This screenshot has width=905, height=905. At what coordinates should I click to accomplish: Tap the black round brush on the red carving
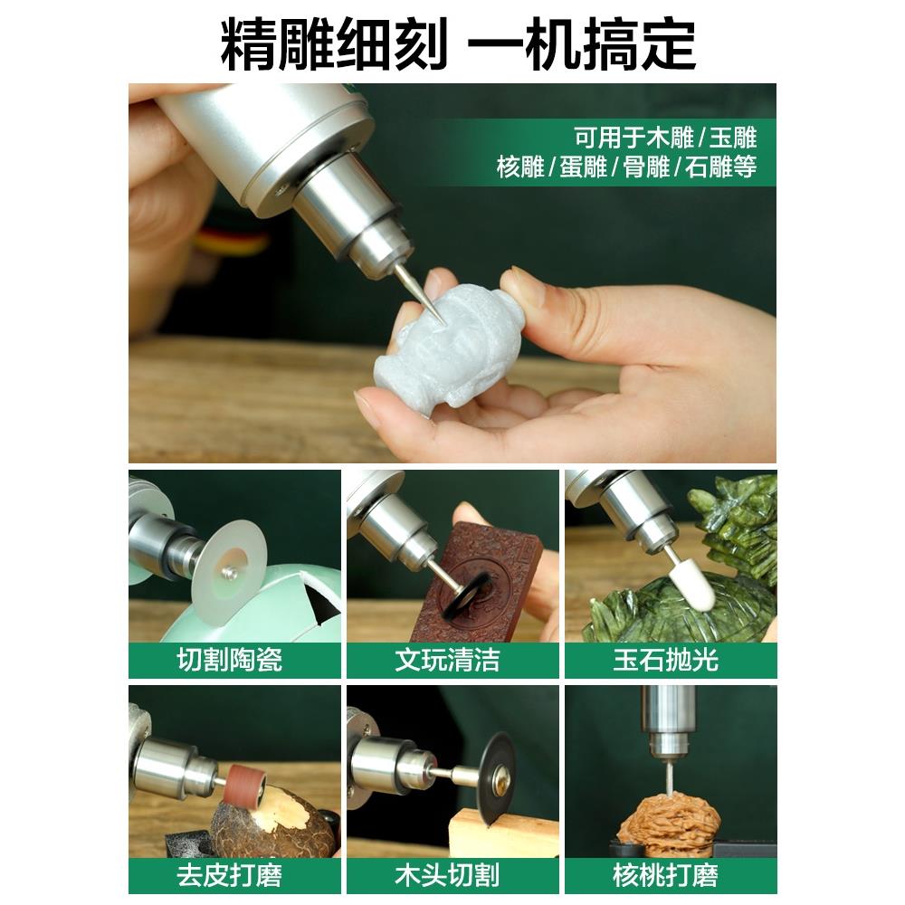pyautogui.click(x=469, y=593)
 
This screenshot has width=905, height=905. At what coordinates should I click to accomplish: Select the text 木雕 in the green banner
pyautogui.click(x=671, y=138)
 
